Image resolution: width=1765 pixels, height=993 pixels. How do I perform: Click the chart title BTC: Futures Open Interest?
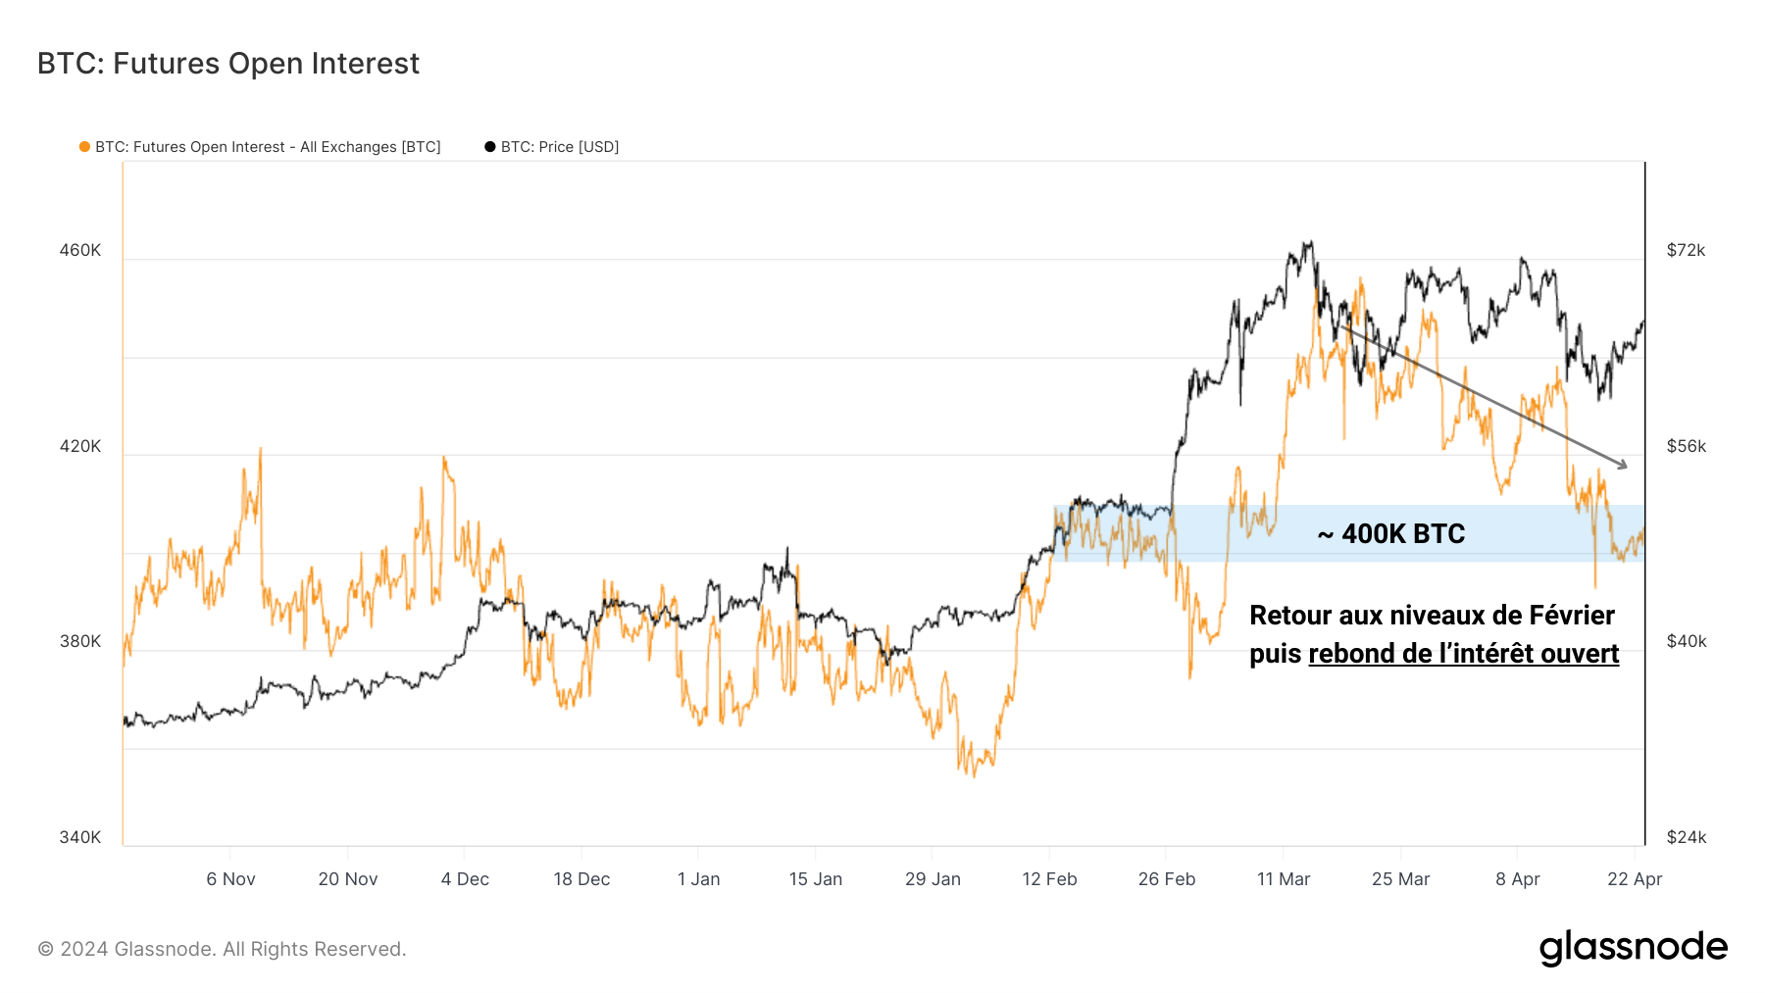[227, 64]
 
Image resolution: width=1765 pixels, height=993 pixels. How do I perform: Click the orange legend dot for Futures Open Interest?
[85, 147]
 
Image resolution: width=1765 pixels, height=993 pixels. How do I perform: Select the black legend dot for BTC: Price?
[490, 147]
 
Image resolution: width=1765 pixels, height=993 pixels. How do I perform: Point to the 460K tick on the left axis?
[80, 250]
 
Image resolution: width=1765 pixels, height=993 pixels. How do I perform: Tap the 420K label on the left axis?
[80, 446]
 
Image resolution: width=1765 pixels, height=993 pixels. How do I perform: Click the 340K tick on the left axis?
[80, 837]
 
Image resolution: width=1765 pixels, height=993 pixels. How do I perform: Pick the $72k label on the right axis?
[1686, 250]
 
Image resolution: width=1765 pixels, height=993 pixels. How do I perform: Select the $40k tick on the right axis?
[1686, 641]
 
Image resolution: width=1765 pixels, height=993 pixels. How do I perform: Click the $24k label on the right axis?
[1686, 837]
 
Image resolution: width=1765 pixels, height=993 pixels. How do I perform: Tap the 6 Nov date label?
[230, 879]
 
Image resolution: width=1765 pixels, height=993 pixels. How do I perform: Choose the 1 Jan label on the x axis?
[698, 879]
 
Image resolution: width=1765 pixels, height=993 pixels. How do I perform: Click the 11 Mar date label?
[1284, 879]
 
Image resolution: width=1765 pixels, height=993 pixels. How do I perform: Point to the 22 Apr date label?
[1635, 879]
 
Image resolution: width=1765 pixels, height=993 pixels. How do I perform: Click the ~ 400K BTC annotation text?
[1391, 534]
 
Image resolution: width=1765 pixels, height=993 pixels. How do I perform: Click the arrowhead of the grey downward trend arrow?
[1623, 465]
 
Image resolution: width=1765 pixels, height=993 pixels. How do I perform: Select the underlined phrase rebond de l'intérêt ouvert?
[1463, 654]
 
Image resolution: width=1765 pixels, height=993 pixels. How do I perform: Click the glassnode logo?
[1633, 948]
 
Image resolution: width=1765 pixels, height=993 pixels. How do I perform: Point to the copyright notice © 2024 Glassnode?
[222, 949]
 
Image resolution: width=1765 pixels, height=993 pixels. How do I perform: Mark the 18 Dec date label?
[581, 879]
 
